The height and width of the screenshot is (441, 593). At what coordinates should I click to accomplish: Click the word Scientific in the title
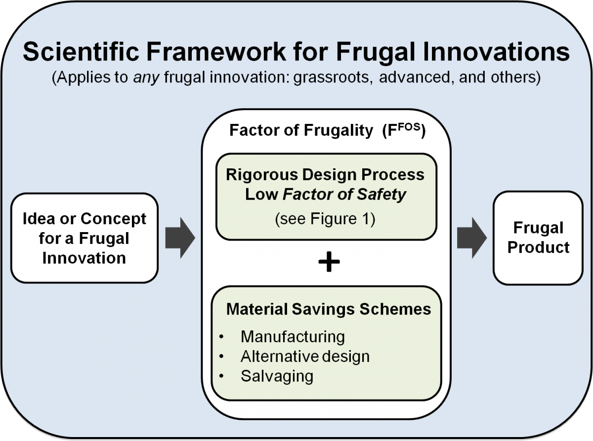tap(81, 51)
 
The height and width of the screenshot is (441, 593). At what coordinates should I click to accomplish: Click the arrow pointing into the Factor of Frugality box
tap(180, 238)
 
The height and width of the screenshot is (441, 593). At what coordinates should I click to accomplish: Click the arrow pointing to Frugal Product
tap(472, 238)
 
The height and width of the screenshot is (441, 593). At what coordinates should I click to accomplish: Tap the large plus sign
tap(329, 262)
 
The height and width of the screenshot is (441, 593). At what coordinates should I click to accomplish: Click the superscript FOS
tap(409, 127)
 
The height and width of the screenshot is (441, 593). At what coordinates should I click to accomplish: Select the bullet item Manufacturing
tap(293, 336)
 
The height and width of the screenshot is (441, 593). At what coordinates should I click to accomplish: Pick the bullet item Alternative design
tap(305, 356)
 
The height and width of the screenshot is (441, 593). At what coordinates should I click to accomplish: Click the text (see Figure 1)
tap(325, 219)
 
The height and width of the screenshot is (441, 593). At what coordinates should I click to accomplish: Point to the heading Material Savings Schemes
tap(329, 309)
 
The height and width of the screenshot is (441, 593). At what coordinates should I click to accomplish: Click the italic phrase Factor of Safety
tap(344, 194)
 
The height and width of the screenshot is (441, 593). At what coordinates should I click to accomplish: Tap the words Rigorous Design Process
tap(325, 174)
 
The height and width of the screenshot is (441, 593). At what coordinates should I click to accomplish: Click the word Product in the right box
tap(538, 247)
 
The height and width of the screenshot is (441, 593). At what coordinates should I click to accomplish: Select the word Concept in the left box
tap(113, 219)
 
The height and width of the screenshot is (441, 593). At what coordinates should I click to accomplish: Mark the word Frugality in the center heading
tap(338, 131)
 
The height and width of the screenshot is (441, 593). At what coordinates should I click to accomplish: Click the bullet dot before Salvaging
tap(221, 376)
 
